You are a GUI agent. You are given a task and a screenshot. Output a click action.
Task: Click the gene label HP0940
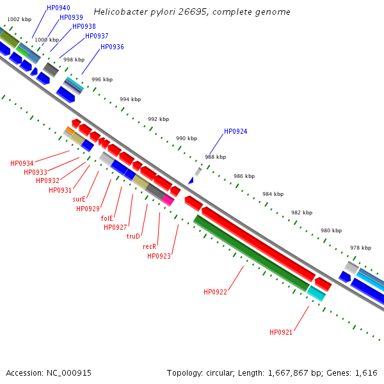click(x=58, y=8)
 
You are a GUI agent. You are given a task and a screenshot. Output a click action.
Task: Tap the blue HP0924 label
click(x=235, y=132)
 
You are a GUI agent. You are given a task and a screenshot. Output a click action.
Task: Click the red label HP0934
click(x=22, y=163)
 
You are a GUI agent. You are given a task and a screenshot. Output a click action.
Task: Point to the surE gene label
click(x=79, y=199)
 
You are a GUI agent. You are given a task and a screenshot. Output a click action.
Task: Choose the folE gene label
click(x=107, y=218)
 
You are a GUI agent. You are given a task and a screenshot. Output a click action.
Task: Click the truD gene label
click(x=133, y=236)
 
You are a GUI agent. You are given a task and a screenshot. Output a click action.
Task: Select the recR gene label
click(x=149, y=246)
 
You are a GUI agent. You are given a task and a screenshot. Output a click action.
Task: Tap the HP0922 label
click(x=215, y=292)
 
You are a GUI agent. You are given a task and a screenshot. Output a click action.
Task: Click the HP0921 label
click(x=280, y=332)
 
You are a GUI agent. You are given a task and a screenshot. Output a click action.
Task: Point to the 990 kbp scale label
click(x=186, y=138)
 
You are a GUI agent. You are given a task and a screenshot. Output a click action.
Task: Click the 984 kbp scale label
click(x=273, y=194)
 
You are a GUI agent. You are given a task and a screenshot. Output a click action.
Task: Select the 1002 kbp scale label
click(x=19, y=20)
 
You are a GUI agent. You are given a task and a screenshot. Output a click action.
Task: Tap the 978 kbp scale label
click(x=360, y=248)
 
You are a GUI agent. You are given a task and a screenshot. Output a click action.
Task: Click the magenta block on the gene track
click(x=168, y=200)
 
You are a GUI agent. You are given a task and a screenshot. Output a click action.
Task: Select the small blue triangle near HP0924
click(x=190, y=180)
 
